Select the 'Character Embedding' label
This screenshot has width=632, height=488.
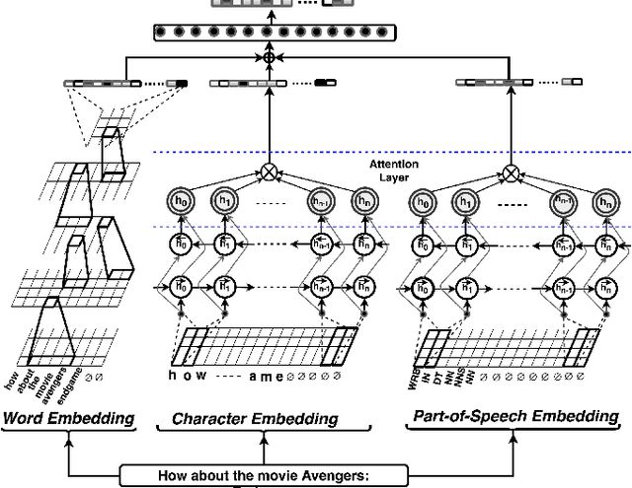click(255, 419)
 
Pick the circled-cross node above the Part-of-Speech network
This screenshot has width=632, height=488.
click(511, 174)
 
